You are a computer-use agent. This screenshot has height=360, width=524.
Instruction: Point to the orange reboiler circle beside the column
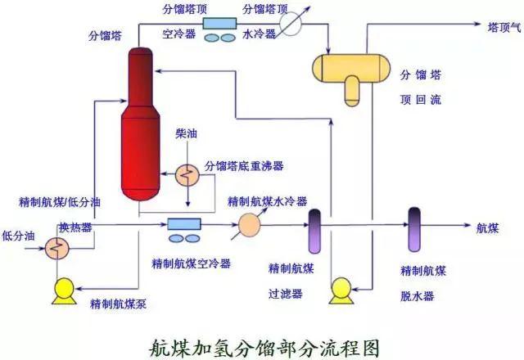tap(187, 173)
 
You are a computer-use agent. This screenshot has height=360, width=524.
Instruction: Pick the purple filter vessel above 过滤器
tap(314, 232)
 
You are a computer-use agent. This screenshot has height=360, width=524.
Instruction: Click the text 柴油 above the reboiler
tap(185, 133)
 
